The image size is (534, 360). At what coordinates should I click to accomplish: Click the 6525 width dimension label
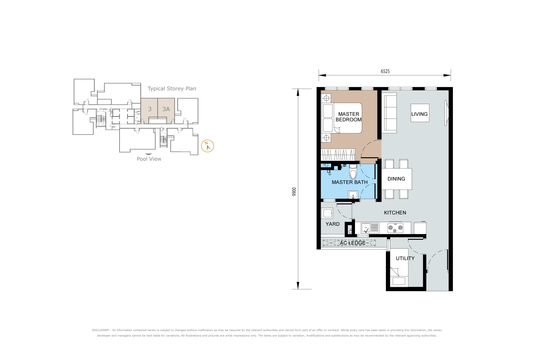pos(385,71)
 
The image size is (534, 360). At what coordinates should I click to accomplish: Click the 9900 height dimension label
pos(294,192)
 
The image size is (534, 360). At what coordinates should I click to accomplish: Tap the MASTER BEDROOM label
pos(349,117)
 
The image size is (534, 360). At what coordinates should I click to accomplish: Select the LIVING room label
pos(419,114)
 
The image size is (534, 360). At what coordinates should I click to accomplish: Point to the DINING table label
pos(396,179)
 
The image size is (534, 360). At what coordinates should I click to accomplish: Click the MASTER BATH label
pos(350,182)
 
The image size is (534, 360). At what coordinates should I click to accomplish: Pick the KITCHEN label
pos(395,213)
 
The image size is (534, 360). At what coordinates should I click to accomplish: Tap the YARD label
pos(333,224)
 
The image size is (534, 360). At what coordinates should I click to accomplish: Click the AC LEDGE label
pos(353,243)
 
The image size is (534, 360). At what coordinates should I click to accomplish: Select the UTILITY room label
pos(405,258)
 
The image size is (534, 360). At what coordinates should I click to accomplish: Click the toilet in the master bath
pos(353,172)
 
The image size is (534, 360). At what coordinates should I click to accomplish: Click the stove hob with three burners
pos(395,228)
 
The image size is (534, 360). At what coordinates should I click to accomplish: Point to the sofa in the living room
pos(389,113)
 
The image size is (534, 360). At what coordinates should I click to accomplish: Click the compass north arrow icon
pos(208,146)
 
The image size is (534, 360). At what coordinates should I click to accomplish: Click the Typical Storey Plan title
pos(172,89)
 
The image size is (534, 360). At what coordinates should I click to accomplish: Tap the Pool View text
pos(149,159)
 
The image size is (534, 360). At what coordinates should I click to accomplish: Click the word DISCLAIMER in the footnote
pos(100,330)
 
